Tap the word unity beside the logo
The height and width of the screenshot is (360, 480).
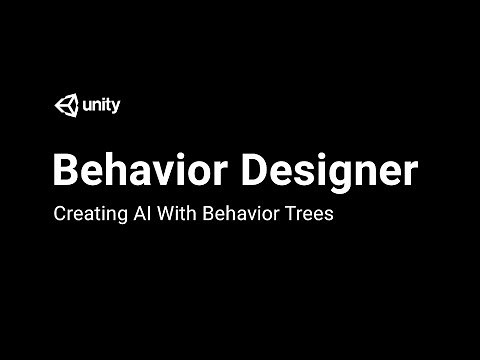[x=100, y=105]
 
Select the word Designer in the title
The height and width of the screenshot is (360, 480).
[x=329, y=171]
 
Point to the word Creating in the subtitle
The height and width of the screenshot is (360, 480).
[x=85, y=213]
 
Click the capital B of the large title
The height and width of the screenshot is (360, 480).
[x=65, y=171]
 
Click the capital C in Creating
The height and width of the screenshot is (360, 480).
[x=58, y=213]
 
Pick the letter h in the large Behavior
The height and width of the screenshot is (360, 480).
[x=117, y=170]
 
